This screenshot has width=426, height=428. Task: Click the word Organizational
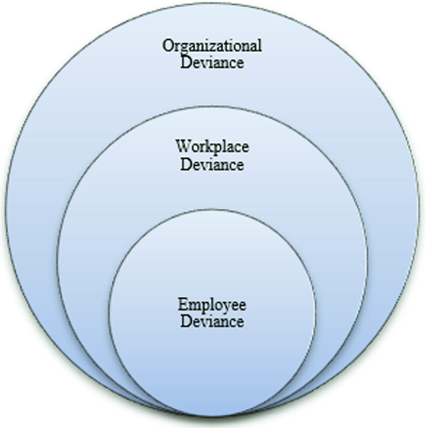click(212, 46)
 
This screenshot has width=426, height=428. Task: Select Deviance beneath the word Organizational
click(212, 62)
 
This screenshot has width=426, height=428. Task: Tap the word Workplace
click(212, 147)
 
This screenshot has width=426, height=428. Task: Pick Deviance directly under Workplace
click(212, 164)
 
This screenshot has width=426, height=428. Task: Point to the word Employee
click(212, 305)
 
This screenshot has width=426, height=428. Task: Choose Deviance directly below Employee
click(212, 322)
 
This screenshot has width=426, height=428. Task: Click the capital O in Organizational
click(167, 46)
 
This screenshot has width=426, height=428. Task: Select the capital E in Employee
click(182, 305)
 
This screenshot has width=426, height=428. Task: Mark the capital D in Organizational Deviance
click(186, 62)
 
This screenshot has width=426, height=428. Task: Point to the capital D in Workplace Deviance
click(186, 164)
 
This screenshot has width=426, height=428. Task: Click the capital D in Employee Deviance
click(186, 322)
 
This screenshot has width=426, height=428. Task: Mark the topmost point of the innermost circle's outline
click(212, 210)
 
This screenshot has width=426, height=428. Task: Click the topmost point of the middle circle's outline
click(212, 107)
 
